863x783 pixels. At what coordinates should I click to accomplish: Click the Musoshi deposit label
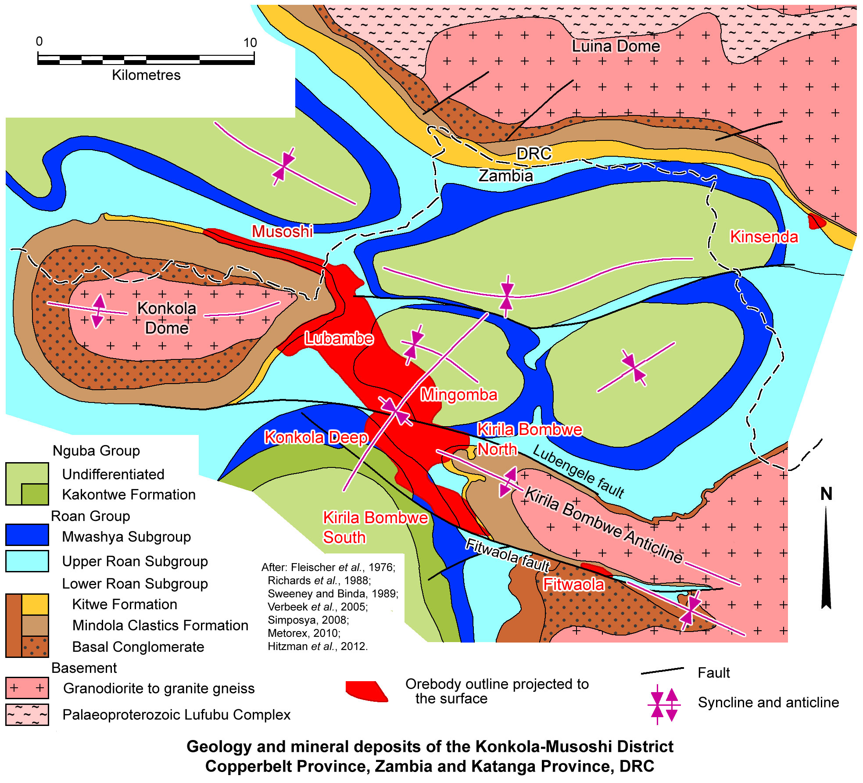(282, 231)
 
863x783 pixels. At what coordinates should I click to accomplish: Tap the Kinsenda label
(764, 237)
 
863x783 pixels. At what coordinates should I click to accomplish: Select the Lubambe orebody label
(339, 338)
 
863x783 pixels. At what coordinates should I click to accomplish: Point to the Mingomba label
(459, 395)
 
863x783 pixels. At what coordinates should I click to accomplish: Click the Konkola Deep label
(316, 437)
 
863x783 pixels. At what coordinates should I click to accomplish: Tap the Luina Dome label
(616, 46)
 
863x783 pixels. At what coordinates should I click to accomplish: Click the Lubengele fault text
(578, 471)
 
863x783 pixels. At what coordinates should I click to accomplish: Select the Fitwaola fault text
(507, 555)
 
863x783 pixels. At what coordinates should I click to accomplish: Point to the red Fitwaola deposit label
(573, 584)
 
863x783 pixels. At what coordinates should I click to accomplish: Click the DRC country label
(534, 154)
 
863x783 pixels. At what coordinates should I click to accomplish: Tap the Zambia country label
(505, 176)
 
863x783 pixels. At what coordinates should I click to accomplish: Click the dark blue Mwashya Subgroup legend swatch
(27, 535)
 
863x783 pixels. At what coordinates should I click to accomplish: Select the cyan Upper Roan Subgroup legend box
(27, 561)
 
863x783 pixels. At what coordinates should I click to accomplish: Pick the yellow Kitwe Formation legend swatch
(35, 604)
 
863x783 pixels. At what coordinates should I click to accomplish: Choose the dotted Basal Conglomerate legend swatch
(35, 647)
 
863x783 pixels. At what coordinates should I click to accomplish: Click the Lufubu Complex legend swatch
(27, 715)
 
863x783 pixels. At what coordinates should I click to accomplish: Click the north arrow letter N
(826, 494)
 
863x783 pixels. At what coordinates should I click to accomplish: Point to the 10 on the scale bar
(250, 43)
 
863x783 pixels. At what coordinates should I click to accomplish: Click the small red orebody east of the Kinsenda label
(816, 221)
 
